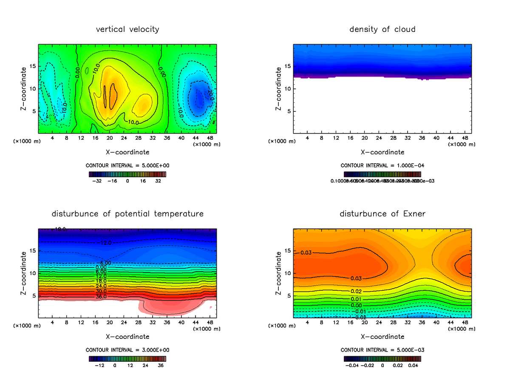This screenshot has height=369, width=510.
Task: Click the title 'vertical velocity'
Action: tap(127, 29)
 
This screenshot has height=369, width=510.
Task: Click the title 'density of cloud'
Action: tap(382, 29)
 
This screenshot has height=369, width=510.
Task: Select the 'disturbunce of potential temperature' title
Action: tap(127, 213)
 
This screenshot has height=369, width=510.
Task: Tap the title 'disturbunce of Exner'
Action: tap(382, 213)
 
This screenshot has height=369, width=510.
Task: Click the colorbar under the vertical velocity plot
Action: tap(127, 174)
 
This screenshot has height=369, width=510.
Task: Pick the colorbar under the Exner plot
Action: tap(382, 358)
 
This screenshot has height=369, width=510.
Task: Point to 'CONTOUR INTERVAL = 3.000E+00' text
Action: tap(127, 350)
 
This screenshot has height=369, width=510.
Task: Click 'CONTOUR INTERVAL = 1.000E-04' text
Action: tap(382, 165)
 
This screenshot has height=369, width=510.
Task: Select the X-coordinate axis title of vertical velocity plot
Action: tap(127, 152)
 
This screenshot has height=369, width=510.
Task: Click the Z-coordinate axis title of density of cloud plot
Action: tap(279, 88)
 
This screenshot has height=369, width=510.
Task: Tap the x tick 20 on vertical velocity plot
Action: tap(110, 138)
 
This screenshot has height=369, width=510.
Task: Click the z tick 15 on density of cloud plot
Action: tap(287, 66)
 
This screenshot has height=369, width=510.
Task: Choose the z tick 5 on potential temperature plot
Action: tap(33, 295)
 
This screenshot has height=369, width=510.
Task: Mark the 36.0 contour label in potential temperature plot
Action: tap(101, 297)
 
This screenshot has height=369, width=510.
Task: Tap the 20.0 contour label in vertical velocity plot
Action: tap(210, 96)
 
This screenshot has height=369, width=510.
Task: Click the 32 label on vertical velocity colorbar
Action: tap(158, 181)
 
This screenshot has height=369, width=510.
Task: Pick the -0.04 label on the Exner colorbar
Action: tap(351, 365)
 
